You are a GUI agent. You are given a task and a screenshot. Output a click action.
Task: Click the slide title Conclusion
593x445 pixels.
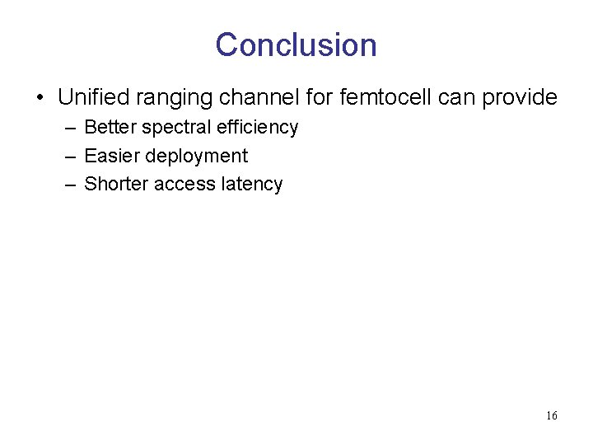[x=296, y=44]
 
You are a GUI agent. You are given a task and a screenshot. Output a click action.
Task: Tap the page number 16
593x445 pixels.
[x=551, y=415]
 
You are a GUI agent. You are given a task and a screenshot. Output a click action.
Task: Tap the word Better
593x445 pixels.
[x=110, y=127]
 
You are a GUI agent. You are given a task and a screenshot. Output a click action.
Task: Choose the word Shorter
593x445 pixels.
[x=116, y=184]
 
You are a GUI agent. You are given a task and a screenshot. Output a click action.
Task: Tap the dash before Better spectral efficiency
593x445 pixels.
[x=70, y=128]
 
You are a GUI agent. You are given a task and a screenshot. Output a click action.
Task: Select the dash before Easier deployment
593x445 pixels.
[x=70, y=157]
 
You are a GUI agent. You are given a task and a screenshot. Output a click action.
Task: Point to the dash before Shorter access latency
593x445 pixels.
[x=70, y=185]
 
